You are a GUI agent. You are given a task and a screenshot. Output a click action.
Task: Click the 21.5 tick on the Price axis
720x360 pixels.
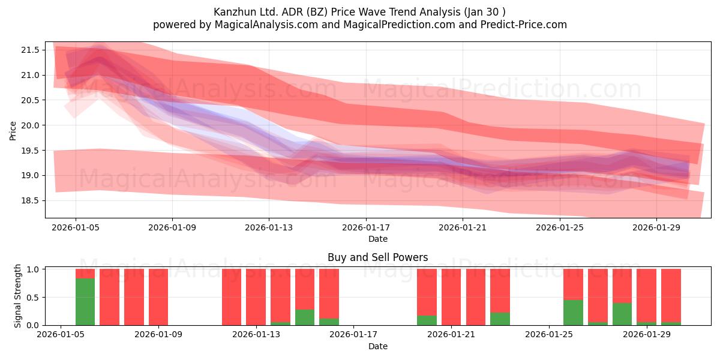(x=30, y=50)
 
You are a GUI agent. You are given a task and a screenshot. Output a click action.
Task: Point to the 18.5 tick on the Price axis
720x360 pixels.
(x=30, y=201)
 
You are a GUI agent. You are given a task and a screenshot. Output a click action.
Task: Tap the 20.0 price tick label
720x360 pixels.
(x=30, y=125)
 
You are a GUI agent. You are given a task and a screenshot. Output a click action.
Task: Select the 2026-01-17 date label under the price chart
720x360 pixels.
(x=366, y=227)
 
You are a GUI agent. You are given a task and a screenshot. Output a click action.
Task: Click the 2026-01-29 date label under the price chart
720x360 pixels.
(x=656, y=227)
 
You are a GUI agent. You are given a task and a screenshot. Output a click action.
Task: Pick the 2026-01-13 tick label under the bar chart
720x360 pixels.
(x=256, y=335)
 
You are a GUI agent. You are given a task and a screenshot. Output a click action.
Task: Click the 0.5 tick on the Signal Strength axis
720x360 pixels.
(x=33, y=298)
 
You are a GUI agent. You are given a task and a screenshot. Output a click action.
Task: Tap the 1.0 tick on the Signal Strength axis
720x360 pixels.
(x=33, y=269)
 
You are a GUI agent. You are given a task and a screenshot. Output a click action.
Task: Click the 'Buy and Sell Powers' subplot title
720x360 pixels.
(x=377, y=257)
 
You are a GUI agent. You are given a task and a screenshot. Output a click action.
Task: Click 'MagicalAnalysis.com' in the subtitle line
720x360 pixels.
(x=266, y=25)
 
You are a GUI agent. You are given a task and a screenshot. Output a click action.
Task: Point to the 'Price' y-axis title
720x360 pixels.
(x=13, y=131)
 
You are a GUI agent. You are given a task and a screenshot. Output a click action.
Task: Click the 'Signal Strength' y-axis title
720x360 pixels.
(x=17, y=296)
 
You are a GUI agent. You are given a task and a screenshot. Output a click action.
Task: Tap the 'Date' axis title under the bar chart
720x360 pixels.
(x=377, y=347)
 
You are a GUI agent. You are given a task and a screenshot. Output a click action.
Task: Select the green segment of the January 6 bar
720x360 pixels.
(x=85, y=302)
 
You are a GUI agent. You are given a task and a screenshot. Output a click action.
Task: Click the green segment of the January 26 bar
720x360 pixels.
(x=573, y=313)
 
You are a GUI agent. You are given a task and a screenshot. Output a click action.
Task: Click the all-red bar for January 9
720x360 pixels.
(x=158, y=297)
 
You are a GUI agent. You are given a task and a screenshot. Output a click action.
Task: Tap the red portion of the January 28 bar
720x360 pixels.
(x=622, y=286)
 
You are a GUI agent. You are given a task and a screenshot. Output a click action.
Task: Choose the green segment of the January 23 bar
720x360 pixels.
(x=500, y=319)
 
